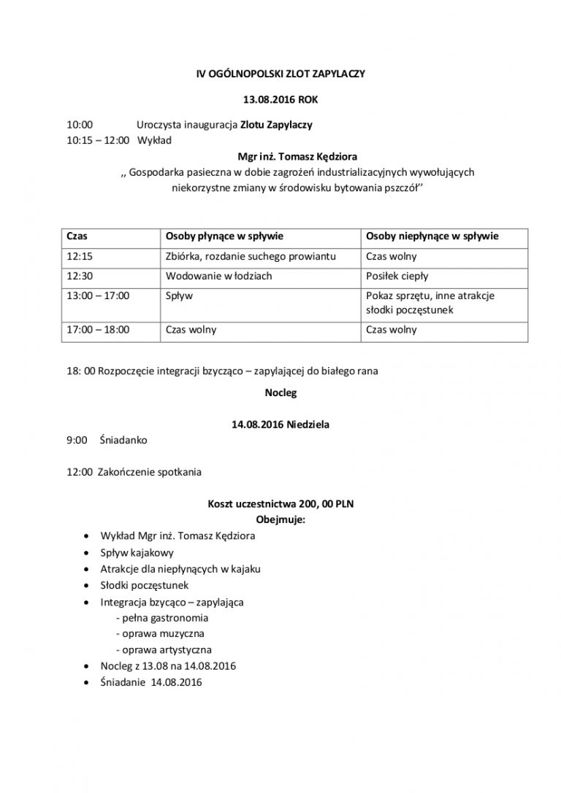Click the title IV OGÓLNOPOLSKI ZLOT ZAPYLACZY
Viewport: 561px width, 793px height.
tap(280, 74)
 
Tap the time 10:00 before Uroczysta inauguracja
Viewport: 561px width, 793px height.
tap(79, 125)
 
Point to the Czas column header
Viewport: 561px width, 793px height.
tap(77, 237)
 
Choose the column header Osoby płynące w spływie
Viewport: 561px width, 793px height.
tap(224, 237)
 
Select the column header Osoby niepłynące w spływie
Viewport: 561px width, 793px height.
tap(432, 237)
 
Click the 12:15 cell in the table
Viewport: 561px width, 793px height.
tap(78, 257)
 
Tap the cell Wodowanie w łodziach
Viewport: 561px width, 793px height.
tap(218, 276)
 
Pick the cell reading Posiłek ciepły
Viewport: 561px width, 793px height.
tap(397, 276)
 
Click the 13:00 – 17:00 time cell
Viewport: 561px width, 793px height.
tap(97, 296)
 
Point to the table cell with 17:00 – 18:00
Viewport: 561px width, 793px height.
tap(97, 330)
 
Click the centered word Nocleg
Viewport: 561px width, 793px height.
tap(280, 392)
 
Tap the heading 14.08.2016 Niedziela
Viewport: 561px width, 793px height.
tap(280, 424)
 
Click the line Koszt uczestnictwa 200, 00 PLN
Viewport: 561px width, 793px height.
tap(280, 504)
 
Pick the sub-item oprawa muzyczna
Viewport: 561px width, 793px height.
tap(160, 633)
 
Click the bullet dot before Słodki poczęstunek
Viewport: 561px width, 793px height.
tap(87, 586)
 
